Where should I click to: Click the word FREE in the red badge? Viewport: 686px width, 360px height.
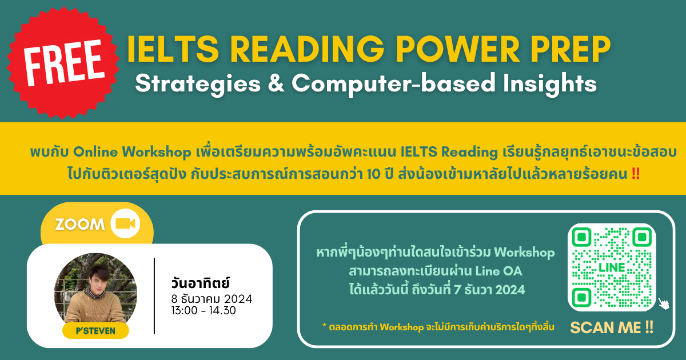[64, 62]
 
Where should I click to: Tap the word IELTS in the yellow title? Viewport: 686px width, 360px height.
[173, 49]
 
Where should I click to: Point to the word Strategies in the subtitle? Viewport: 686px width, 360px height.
[198, 83]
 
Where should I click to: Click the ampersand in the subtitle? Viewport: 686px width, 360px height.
[276, 83]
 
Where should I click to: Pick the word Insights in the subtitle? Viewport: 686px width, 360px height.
[550, 83]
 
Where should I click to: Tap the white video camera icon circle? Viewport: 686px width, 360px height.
[125, 223]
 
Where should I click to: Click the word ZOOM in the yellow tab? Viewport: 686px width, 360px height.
[80, 225]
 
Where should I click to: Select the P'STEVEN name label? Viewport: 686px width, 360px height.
[95, 331]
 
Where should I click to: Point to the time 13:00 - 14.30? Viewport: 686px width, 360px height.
[204, 310]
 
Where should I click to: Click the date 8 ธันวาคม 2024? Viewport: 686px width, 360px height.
[212, 299]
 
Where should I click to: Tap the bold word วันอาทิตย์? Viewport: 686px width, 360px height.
[201, 283]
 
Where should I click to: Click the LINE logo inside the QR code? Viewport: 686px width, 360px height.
[612, 267]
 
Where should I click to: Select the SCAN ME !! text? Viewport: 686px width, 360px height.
[612, 327]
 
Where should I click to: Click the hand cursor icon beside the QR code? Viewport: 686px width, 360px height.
[664, 303]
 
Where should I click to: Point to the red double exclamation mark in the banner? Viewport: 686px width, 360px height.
[636, 174]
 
